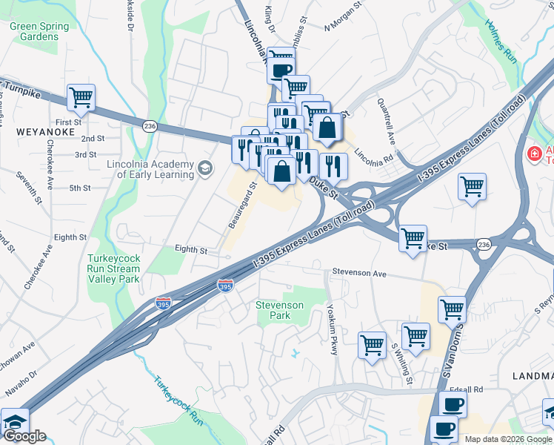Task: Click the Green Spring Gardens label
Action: coord(39,31)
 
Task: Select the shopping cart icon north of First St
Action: coord(81,97)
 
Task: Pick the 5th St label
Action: coord(79,188)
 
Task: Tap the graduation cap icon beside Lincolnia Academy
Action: coord(204,169)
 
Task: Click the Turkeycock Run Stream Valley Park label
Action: coord(113,269)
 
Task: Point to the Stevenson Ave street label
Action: coord(359,274)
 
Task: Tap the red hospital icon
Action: coord(533,154)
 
